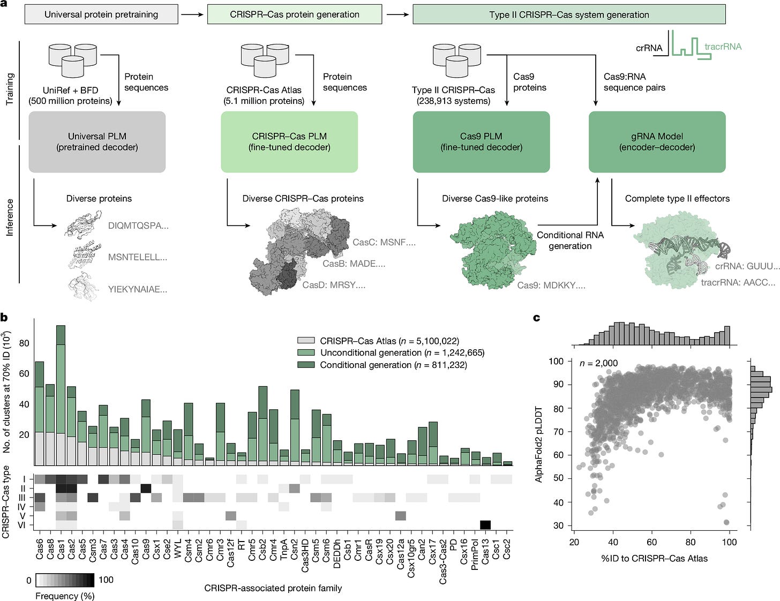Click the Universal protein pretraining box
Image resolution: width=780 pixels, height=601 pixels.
pyautogui.click(x=101, y=14)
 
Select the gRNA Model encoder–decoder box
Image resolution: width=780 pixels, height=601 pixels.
pyautogui.click(x=657, y=142)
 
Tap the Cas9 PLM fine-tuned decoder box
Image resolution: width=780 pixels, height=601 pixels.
pyautogui.click(x=481, y=142)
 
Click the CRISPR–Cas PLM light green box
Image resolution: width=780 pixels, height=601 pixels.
pyautogui.click(x=289, y=142)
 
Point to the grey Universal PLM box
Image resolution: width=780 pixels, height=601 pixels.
pyautogui.click(x=97, y=142)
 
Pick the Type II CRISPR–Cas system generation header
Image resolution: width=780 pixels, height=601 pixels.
pyautogui.click(x=569, y=14)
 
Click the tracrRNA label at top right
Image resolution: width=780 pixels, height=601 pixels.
pyautogui.click(x=723, y=47)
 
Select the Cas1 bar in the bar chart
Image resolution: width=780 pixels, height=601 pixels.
pyautogui.click(x=61, y=396)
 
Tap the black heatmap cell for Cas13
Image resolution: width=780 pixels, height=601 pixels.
pyautogui.click(x=485, y=525)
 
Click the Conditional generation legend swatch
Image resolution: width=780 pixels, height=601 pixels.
pyautogui.click(x=306, y=365)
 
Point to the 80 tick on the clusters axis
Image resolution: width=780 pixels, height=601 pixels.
pyautogui.click(x=24, y=343)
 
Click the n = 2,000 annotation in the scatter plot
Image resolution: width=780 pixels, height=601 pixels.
pyautogui.click(x=598, y=363)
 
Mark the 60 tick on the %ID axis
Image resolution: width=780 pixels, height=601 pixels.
pyautogui.click(x=652, y=542)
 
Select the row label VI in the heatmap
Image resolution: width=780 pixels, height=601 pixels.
pyautogui.click(x=22, y=525)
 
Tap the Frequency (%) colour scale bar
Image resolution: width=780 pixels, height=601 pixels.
pyautogui.click(x=65, y=580)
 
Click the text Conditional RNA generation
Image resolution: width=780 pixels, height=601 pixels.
pyautogui.click(x=570, y=241)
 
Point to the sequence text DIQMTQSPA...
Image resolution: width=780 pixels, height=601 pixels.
pyautogui.click(x=138, y=226)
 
